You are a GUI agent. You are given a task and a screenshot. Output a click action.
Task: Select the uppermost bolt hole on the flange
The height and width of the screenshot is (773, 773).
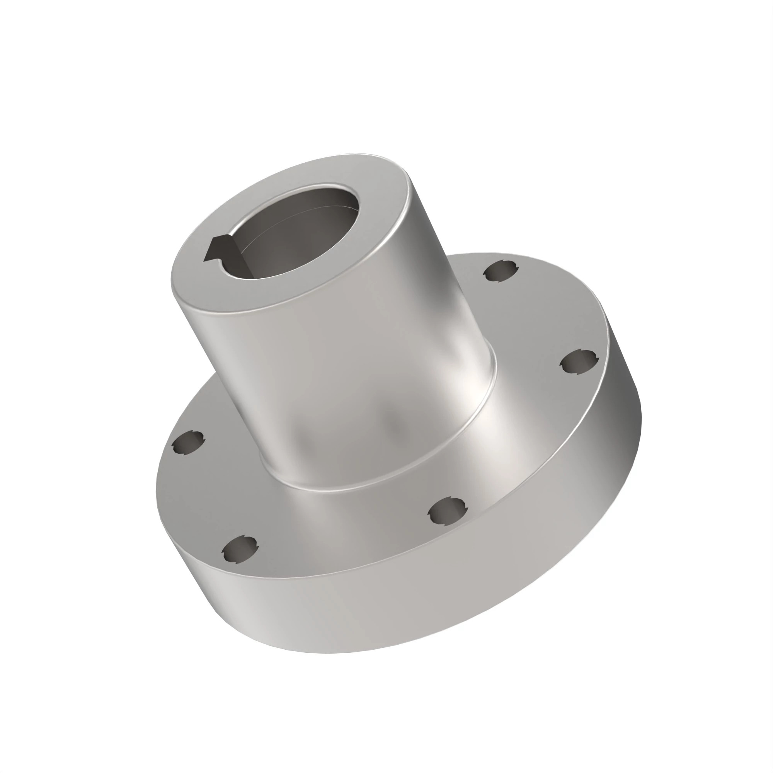click(x=501, y=272)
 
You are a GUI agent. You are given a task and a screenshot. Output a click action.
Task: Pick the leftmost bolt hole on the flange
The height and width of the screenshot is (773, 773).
click(x=188, y=443)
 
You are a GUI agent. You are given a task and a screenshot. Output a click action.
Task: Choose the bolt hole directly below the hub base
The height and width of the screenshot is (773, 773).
click(x=447, y=512)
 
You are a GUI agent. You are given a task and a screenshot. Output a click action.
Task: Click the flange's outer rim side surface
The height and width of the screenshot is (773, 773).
click(x=400, y=620)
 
